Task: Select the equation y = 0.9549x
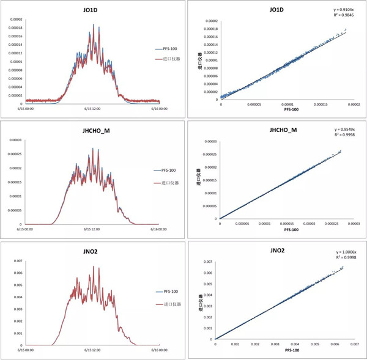tap(348, 130)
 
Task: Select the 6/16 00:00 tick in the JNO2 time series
tap(159, 350)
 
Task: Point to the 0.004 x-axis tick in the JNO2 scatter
tap(295, 344)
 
